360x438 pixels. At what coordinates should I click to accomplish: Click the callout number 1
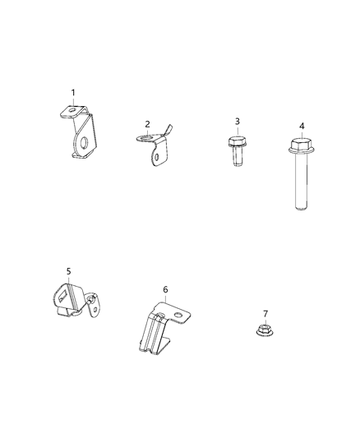(x=72, y=92)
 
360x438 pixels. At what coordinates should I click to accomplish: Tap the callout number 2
(x=148, y=124)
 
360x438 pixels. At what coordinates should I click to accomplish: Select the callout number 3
(x=238, y=122)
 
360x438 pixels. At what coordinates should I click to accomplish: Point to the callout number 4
(x=302, y=126)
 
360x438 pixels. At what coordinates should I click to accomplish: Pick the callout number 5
(x=69, y=270)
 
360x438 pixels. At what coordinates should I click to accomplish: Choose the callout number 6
(x=165, y=289)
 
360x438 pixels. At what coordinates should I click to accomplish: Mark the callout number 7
(x=265, y=313)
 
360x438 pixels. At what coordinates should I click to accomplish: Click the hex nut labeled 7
(x=265, y=331)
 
